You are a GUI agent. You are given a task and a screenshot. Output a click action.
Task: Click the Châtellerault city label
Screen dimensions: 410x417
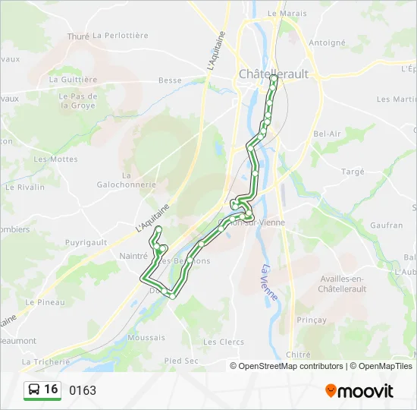coord(274,74)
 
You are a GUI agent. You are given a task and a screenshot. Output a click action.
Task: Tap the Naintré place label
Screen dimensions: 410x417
coord(133,256)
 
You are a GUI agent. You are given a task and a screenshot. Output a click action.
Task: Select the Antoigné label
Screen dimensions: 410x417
coord(328,43)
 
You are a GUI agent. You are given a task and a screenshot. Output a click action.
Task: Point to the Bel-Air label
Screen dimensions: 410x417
coord(327,134)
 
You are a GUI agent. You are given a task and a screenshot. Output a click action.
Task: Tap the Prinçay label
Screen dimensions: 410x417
coord(312,320)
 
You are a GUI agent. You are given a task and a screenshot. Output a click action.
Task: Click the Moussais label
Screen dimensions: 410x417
coord(146,337)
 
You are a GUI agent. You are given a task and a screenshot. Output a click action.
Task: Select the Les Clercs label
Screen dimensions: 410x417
coord(224,342)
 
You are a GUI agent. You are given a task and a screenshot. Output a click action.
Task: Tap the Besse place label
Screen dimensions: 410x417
coord(170,80)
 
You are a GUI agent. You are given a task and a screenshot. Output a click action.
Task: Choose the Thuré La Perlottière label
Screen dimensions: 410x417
coord(108,36)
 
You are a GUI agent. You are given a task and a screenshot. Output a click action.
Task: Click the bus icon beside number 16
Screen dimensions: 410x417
coord(35,389)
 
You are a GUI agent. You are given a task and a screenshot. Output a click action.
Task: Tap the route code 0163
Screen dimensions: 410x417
coord(83,390)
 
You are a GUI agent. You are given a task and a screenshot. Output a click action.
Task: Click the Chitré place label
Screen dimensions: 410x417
coord(299,355)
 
